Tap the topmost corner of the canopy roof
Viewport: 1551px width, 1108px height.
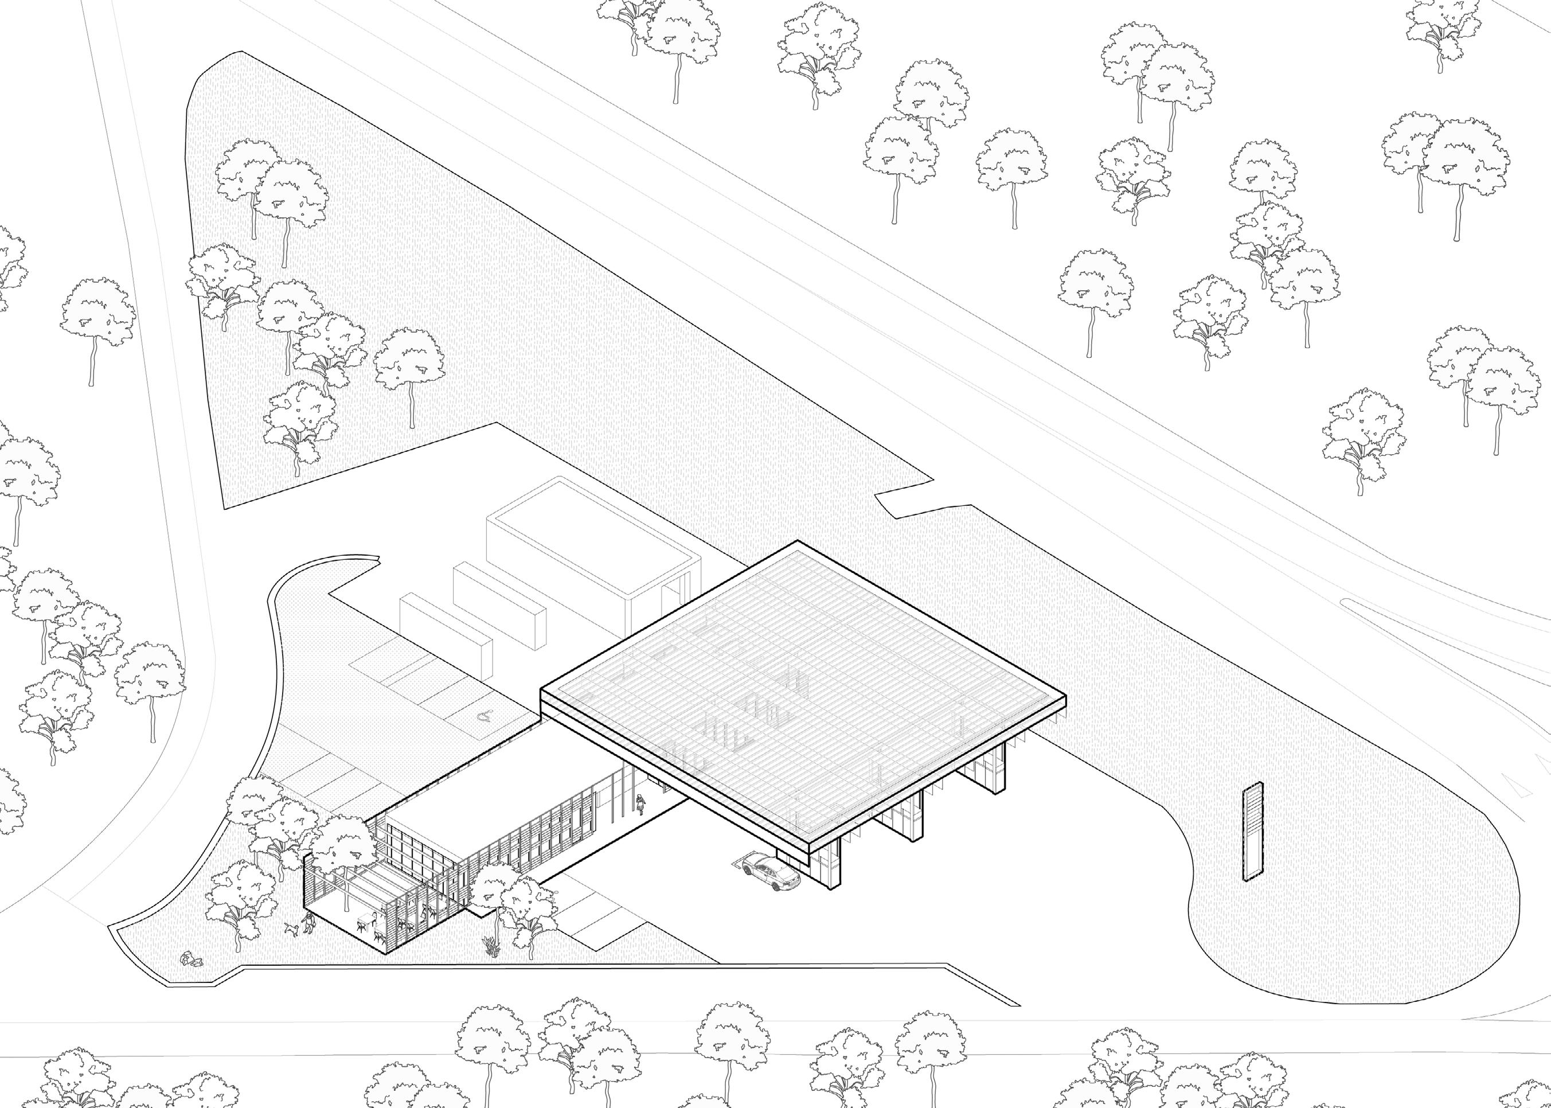[x=798, y=543]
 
